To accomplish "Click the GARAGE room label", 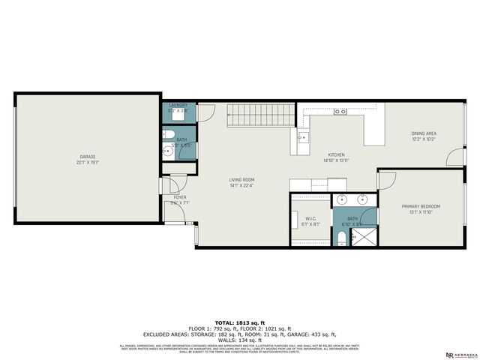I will (88, 157).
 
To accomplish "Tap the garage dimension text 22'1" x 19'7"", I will (88, 163).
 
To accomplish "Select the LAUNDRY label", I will (178, 106).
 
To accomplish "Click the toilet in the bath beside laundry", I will (169, 151).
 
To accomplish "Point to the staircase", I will (261, 115).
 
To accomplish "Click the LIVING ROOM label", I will (242, 180).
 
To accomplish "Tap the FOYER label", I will (178, 197).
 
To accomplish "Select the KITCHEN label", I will (334, 154).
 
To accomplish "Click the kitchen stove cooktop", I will (340, 112).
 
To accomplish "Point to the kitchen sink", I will (302, 138).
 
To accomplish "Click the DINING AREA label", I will (424, 133).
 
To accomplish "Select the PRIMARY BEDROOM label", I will (420, 206).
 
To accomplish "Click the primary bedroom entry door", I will (385, 180).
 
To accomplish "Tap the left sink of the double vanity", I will (343, 201).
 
